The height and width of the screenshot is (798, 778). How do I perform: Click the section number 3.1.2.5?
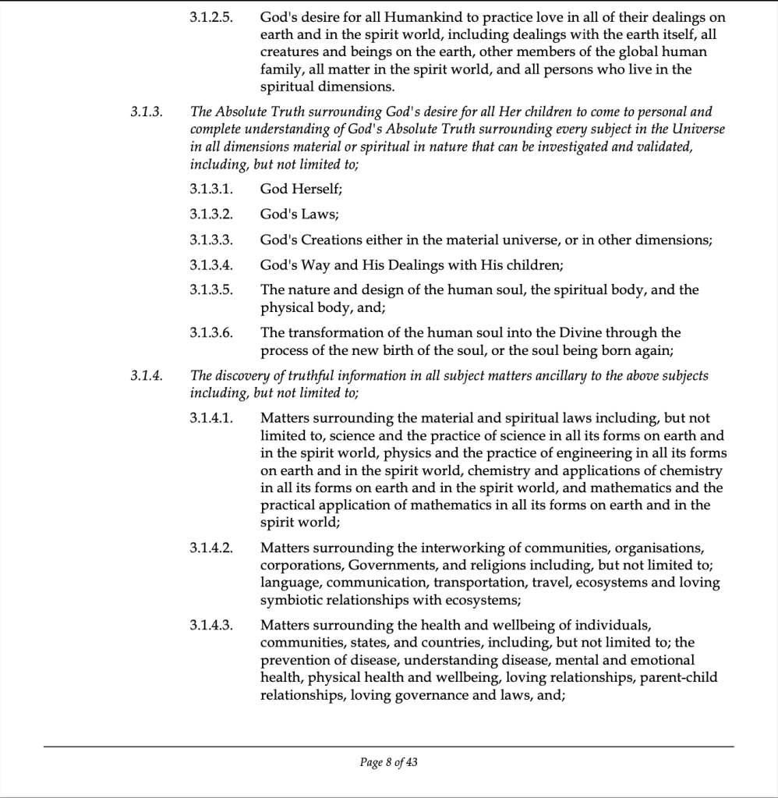(x=211, y=16)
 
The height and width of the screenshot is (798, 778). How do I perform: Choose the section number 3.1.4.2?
(x=211, y=547)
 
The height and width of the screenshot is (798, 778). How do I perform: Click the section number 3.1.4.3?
(x=211, y=626)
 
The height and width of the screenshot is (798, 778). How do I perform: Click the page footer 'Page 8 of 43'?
(x=389, y=762)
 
